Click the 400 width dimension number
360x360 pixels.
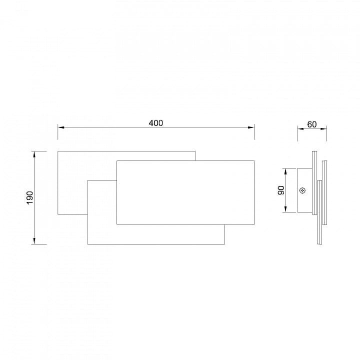point(156,123)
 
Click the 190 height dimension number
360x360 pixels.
point(30,197)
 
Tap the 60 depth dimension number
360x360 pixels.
point(312,124)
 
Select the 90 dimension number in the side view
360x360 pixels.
point(281,190)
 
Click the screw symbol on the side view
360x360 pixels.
point(303,190)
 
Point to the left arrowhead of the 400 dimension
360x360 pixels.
point(60,127)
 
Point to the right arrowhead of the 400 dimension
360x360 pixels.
point(251,127)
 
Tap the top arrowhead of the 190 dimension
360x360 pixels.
point(34,154)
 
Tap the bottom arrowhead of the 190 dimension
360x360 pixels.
point(34,241)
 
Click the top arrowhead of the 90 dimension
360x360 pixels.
point(285,171)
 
